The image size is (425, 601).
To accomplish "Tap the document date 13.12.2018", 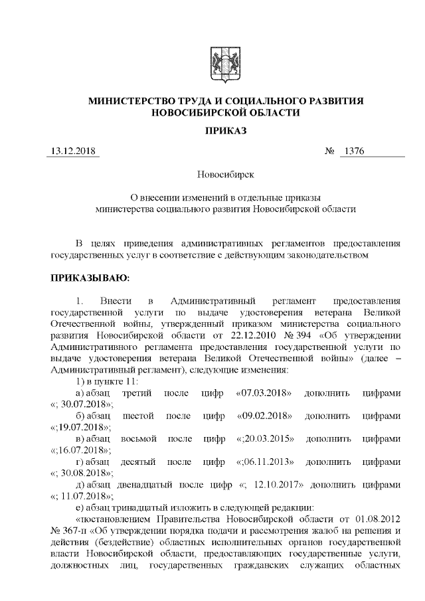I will [73, 151].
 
